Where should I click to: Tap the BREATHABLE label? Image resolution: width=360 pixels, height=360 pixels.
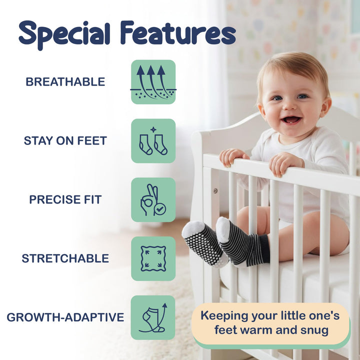point(65,82)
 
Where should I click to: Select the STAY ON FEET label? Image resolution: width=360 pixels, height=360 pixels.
point(65,141)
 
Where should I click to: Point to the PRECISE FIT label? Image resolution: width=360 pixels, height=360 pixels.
point(65,199)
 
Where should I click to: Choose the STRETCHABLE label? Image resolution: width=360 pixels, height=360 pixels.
point(65,258)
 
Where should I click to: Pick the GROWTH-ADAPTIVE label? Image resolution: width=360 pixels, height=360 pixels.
point(65,317)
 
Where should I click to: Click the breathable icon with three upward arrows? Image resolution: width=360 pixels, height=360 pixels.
point(153,82)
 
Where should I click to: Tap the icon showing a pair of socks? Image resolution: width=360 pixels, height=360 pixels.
point(153,141)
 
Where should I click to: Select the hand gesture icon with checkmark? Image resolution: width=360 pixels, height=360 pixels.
point(153,199)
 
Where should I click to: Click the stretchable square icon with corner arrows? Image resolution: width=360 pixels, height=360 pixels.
point(153,258)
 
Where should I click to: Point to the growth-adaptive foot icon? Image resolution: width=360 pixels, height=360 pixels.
point(153,317)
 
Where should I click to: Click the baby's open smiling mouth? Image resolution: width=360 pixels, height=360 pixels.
point(291,120)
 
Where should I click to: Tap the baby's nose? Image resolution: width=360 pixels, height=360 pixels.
point(289,106)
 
